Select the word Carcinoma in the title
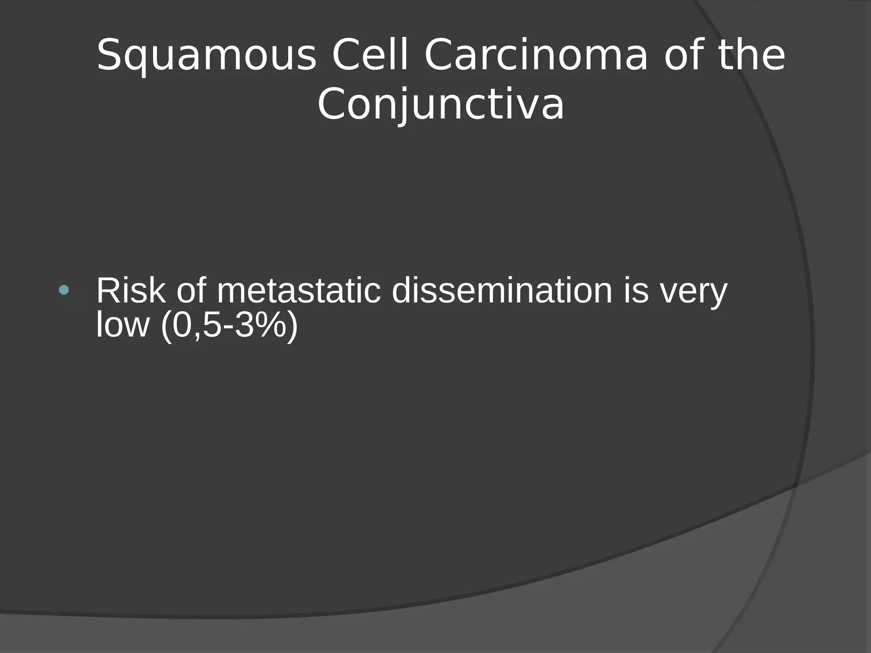click(x=536, y=56)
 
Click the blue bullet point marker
click(x=64, y=290)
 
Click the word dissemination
click(x=502, y=291)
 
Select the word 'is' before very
click(x=636, y=291)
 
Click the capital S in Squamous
click(x=109, y=55)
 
